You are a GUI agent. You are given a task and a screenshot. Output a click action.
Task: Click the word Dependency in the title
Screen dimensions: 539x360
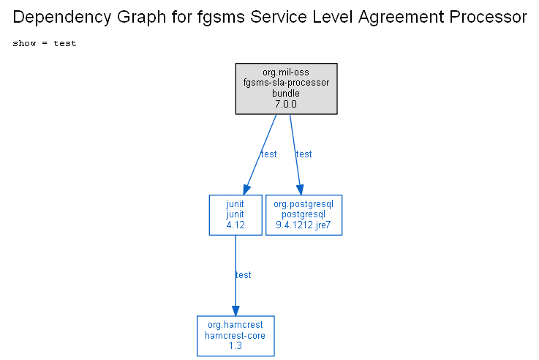62,17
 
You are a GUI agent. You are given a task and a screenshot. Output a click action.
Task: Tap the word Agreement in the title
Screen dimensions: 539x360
402,17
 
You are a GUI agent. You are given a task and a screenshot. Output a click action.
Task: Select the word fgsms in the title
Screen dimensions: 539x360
221,17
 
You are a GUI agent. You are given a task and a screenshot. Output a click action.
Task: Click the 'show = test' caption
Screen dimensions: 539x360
45,43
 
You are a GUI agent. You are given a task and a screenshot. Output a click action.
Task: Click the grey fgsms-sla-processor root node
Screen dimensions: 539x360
287,89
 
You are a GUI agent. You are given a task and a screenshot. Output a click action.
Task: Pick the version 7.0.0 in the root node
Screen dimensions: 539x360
286,104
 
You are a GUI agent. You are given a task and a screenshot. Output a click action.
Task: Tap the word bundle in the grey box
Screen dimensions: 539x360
286,93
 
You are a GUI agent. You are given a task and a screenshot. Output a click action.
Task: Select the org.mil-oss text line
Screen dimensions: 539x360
286,72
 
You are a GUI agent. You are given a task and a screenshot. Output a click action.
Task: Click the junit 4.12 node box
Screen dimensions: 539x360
235,215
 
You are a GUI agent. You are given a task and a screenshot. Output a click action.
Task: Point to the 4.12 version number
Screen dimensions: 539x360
235,225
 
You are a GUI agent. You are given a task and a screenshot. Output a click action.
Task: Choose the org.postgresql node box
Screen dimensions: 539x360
304,215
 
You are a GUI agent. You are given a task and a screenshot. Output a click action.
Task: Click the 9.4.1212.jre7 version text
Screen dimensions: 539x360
304,225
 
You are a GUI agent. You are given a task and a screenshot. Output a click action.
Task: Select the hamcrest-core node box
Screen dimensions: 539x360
235,336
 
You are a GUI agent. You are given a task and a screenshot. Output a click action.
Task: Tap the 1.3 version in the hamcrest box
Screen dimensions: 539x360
235,345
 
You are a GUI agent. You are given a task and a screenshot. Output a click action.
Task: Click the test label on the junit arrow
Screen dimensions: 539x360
269,154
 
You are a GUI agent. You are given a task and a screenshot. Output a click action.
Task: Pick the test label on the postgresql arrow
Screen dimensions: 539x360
304,154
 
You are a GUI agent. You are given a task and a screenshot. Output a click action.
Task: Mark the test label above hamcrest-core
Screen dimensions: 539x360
244,274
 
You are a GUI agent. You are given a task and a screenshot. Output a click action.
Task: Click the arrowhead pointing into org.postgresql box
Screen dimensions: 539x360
300,190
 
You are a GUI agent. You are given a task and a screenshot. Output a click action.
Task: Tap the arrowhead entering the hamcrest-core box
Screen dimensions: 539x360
235,311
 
